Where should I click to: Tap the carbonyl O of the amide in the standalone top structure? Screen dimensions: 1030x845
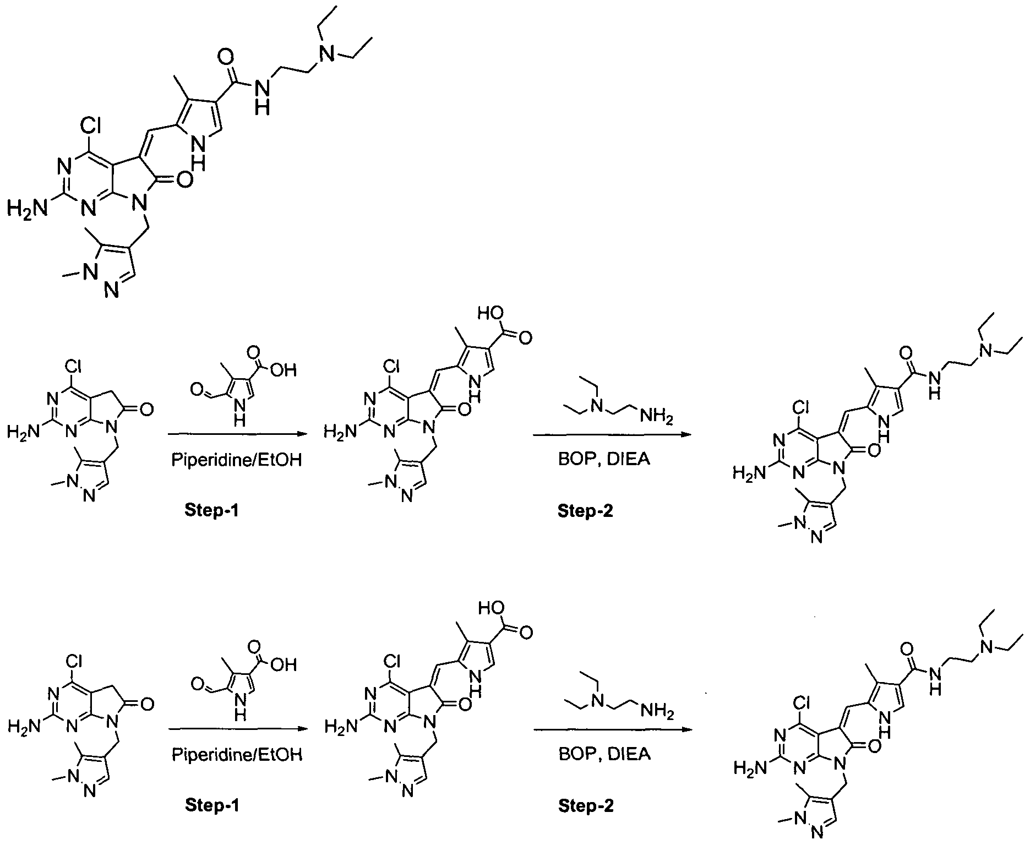click(x=225, y=57)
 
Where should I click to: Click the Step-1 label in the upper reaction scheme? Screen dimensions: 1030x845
click(x=212, y=511)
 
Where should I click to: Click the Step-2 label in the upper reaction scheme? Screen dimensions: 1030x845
click(x=586, y=511)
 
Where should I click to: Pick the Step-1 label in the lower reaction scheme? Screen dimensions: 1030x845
click(x=212, y=806)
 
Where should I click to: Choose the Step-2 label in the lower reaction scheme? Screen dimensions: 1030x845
click(x=586, y=806)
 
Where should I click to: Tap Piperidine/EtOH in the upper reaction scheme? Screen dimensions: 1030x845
click(x=237, y=460)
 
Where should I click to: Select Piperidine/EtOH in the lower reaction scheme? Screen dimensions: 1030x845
click(x=237, y=754)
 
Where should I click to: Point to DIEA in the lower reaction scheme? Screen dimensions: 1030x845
click(x=628, y=754)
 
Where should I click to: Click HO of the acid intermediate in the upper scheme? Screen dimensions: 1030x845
click(x=491, y=314)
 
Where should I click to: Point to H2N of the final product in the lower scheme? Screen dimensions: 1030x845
click(x=750, y=767)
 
